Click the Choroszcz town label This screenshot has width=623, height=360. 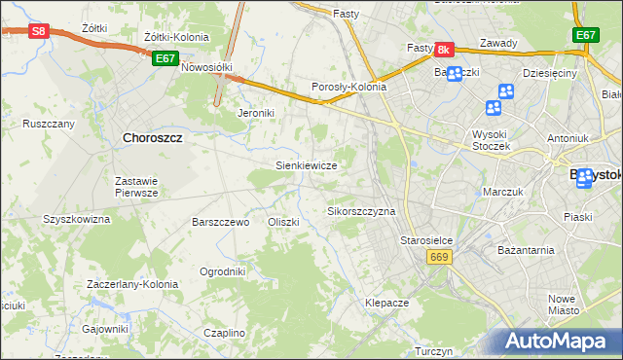click(155, 137)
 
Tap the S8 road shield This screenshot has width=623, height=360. click(38, 31)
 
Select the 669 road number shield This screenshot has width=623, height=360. click(437, 256)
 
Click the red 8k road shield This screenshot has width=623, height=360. click(444, 50)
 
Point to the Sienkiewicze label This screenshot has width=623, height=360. click(307, 165)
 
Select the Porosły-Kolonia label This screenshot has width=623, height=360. click(348, 87)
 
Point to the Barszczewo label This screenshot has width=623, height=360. click(222, 222)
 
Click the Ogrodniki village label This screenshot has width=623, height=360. click(222, 271)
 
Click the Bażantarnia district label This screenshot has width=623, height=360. click(525, 249)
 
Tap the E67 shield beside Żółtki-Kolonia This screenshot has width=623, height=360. click(165, 58)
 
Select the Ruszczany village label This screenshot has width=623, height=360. click(49, 125)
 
